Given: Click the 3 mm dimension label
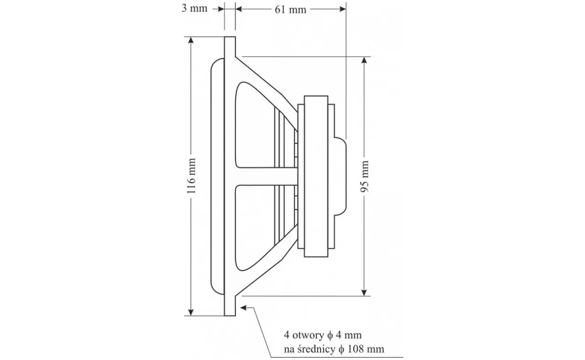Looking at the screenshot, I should (194, 9).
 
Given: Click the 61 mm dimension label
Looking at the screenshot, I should (290, 9).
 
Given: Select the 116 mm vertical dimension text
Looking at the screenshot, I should (192, 176).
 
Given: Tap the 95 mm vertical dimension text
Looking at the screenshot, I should (365, 176).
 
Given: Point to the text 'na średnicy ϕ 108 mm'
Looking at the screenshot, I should (333, 349).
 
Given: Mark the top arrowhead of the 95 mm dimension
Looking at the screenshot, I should (364, 61).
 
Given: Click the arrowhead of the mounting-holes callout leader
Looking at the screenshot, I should (244, 308).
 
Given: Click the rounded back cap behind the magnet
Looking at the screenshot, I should (340, 175).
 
